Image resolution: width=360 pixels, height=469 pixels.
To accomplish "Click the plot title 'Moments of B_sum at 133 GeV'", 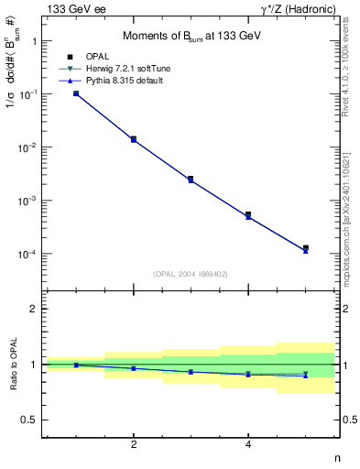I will [x=180, y=37].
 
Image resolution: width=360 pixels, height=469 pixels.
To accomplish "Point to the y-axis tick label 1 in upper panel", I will [x=34, y=41].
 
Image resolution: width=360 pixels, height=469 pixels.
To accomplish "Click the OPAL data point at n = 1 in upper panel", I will [x=76, y=93].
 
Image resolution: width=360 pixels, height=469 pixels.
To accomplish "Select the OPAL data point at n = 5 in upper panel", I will [x=306, y=248].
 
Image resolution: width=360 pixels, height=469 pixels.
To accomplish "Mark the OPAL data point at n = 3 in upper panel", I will [x=191, y=179].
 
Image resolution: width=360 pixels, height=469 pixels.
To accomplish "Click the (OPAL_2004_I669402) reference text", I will [x=190, y=273].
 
